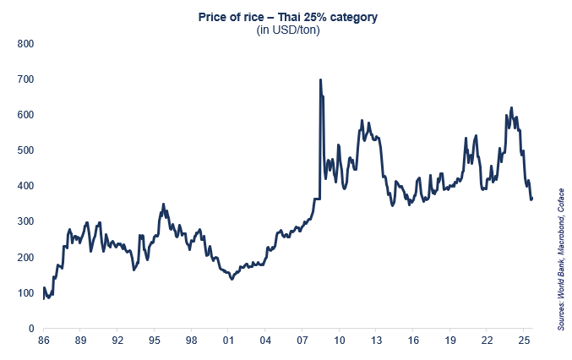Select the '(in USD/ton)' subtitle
pos(287,30)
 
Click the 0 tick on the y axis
pos(30,329)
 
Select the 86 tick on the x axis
pos(44,341)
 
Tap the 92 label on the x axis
pos(117,341)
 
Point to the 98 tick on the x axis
pos(192,341)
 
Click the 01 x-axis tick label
pos(228,341)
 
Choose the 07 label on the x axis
pos(302,341)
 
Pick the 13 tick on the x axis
pos(376,341)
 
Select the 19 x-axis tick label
pos(450,341)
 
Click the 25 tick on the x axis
pos(524,341)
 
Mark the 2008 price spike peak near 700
pos(319,80)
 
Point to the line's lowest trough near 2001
pos(232,279)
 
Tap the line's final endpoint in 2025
pos(532,199)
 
